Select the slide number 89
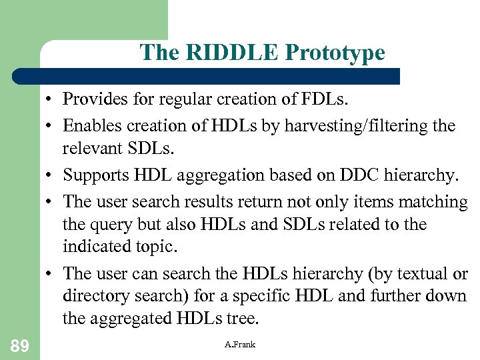[x=19, y=345]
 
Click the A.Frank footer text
[x=240, y=344]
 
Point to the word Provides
[x=91, y=100]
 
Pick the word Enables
[x=89, y=125]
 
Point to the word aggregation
[x=223, y=175]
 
